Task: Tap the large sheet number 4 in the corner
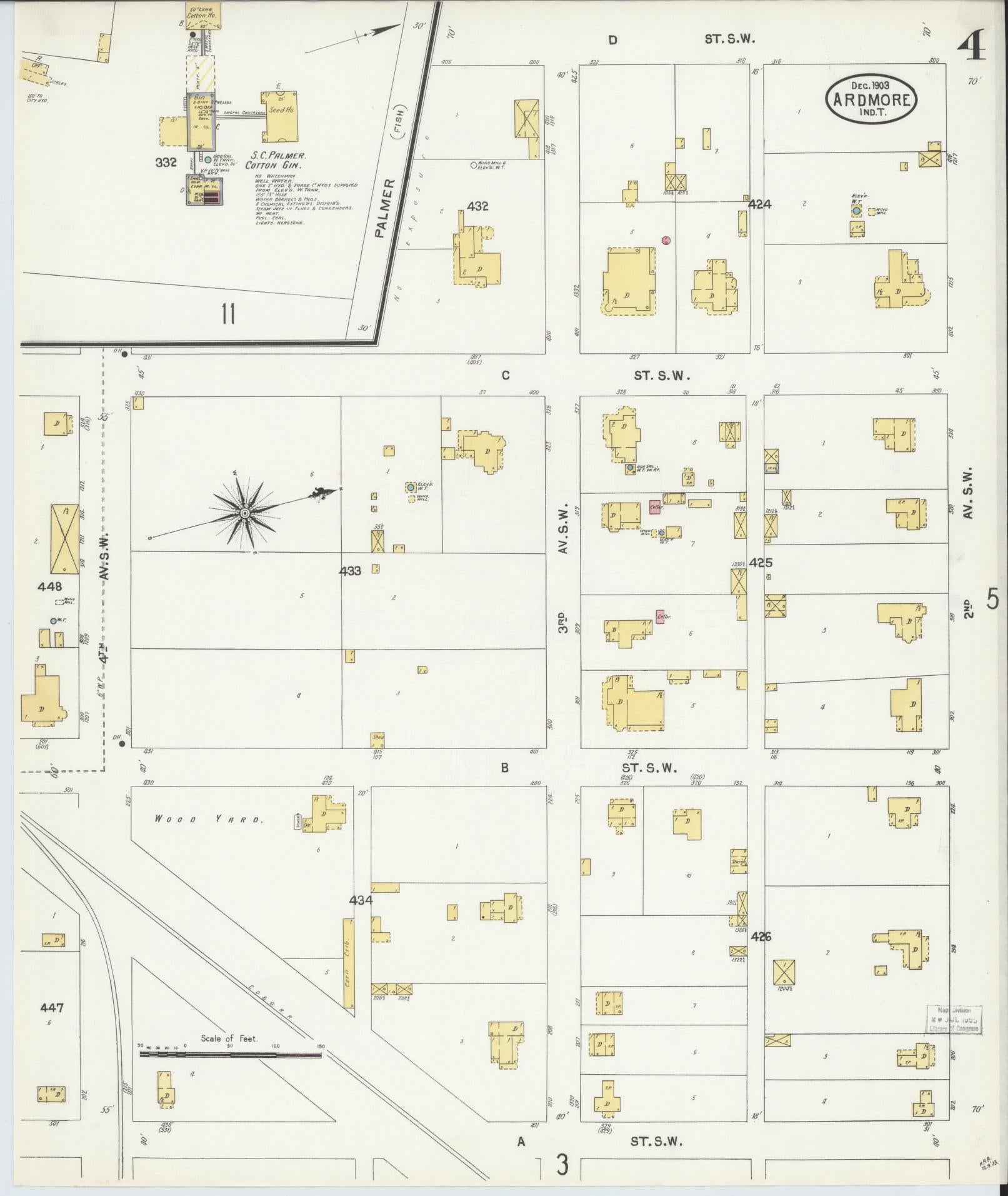click(x=972, y=48)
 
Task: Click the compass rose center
click(x=244, y=513)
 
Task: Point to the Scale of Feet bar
click(x=230, y=1054)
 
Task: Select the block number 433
click(x=350, y=571)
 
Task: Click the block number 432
click(x=477, y=206)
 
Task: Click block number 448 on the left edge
click(x=50, y=586)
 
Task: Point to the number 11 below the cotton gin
click(x=227, y=314)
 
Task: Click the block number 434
click(x=361, y=900)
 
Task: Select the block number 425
click(x=761, y=562)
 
